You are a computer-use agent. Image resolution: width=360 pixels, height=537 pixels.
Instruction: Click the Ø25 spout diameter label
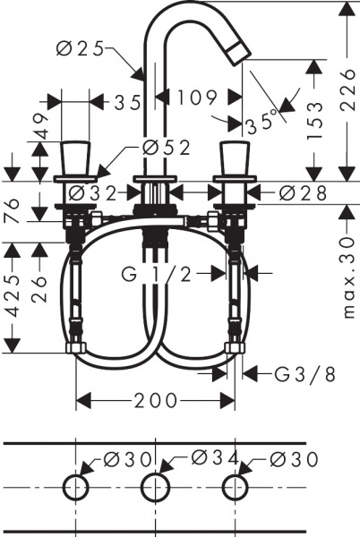click(80, 49)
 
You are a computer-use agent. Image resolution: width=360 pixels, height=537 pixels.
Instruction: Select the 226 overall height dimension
click(347, 89)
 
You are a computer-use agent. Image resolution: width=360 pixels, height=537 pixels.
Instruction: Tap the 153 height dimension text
click(315, 120)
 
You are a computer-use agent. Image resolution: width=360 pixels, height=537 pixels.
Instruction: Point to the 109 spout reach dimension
click(197, 98)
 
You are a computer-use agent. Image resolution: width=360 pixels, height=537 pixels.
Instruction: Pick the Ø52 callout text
click(167, 149)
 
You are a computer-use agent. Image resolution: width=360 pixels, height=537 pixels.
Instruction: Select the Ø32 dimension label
click(93, 194)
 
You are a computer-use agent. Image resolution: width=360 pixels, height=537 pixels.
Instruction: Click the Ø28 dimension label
click(303, 194)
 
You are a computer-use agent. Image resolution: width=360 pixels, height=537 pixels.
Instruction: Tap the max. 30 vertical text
click(348, 277)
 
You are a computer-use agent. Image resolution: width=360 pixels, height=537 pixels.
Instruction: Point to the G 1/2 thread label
click(156, 275)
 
